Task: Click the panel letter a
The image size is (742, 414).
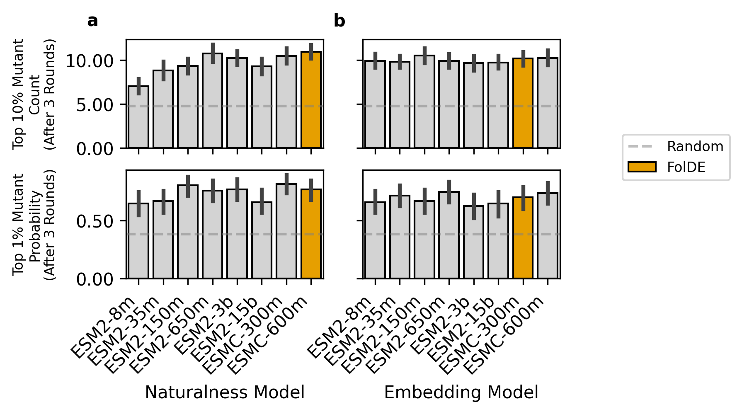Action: coord(92,21)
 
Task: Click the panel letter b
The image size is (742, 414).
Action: coord(339,21)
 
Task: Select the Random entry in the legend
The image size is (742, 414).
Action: coord(695,147)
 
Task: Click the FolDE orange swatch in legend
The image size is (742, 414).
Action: coord(642,167)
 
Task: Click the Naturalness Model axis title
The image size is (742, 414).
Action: coord(224,392)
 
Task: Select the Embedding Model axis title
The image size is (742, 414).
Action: coord(461,392)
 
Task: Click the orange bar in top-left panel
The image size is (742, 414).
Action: coord(311,99)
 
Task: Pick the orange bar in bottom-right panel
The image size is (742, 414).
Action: coord(523,237)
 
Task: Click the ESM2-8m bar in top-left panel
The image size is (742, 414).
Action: coord(138,117)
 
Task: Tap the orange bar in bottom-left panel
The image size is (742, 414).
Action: coord(311,234)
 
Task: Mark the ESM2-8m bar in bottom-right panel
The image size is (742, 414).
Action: coord(375,240)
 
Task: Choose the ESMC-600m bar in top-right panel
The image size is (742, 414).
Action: coord(548,103)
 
